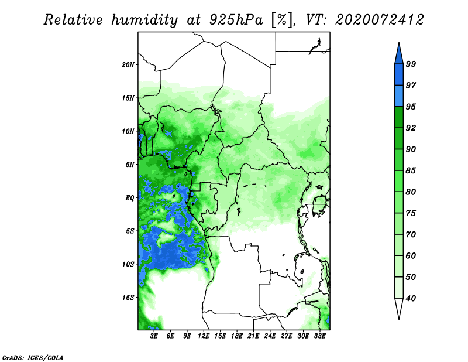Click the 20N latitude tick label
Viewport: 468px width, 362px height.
[128, 65]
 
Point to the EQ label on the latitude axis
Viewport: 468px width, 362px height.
[130, 198]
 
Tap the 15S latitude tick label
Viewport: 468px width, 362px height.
[128, 298]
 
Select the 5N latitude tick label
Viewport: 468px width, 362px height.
[130, 165]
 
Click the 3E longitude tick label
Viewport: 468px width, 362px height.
[154, 336]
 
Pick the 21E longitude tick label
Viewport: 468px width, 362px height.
[253, 336]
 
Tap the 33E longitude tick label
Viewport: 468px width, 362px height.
[319, 336]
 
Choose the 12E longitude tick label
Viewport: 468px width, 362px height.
[204, 336]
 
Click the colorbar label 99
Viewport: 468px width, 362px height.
[411, 64]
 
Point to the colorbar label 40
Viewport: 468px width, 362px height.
[411, 298]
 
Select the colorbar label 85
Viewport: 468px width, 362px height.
[411, 170]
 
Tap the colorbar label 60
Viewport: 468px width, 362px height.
[411, 255]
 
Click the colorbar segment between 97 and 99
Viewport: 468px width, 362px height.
[399, 75]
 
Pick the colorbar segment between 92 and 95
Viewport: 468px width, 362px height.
[399, 117]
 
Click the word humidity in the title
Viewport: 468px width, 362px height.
[144, 21]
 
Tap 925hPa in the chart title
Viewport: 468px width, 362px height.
[237, 20]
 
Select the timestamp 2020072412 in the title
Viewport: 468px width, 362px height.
[379, 20]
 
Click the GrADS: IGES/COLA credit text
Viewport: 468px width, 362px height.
[33, 357]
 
